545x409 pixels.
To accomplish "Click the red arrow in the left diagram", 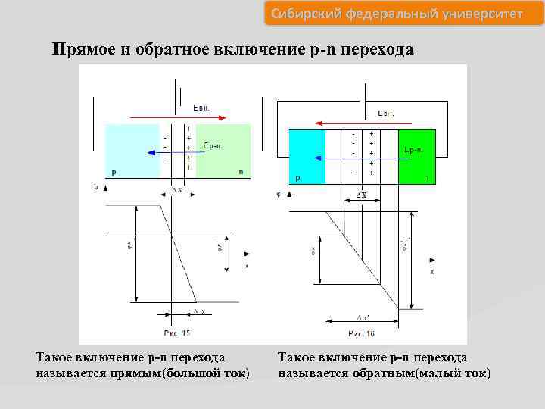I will [178, 117].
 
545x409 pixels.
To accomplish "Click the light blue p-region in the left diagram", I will [132, 151].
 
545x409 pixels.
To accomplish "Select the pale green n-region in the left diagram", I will [223, 151].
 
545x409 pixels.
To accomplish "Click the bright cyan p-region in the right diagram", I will [307, 156].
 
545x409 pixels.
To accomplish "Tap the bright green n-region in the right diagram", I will [417, 156].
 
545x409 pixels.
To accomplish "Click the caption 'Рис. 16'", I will [361, 333].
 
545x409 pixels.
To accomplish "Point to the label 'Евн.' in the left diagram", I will [201, 108].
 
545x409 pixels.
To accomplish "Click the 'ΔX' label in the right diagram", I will [363, 195].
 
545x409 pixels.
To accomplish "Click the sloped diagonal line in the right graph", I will [356, 250].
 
